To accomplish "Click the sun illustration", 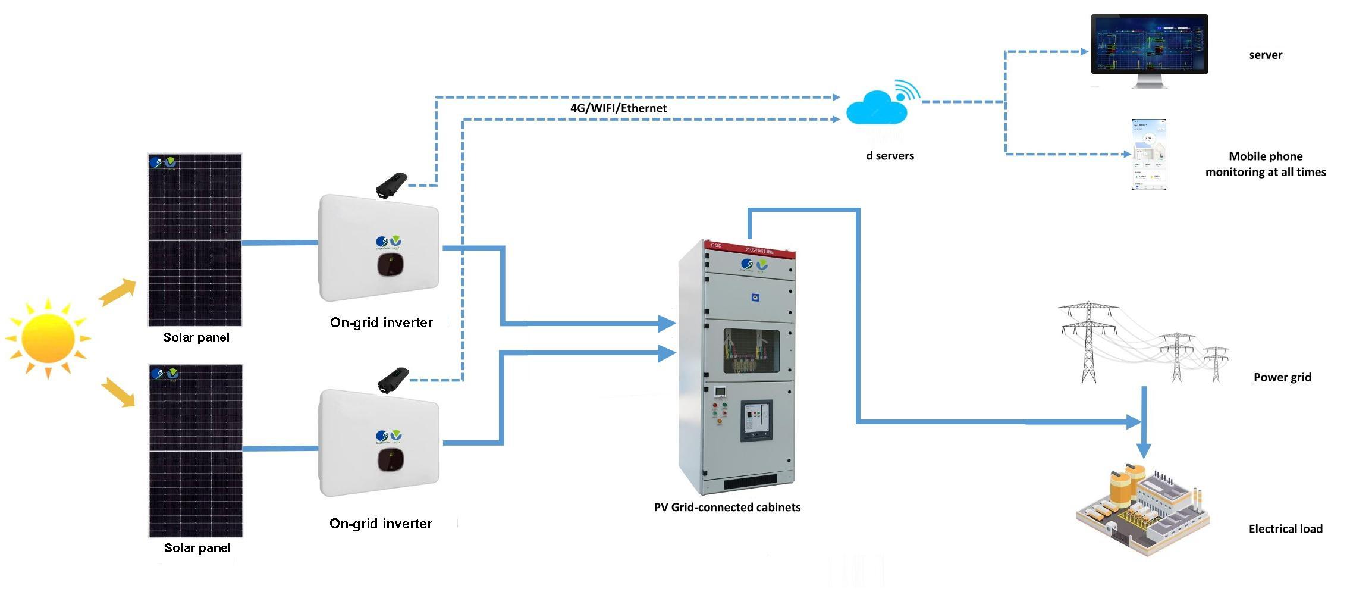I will tap(48, 338).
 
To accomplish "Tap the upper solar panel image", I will tap(195, 240).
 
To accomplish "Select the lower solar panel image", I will tap(196, 451).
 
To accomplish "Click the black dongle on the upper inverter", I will tap(392, 185).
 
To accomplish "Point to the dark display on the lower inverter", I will tap(390, 459).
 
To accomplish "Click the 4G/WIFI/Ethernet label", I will tap(619, 108).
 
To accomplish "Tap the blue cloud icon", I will tap(877, 108).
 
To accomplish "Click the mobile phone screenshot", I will tap(1148, 155).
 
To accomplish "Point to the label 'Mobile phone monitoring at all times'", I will tap(1265, 164).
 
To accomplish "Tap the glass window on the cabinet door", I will tap(751, 351).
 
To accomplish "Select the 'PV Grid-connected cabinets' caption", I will tap(727, 508).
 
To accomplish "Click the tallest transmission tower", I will tap(1088, 342).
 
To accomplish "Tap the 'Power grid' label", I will tap(1282, 377).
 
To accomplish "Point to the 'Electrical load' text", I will tap(1285, 529).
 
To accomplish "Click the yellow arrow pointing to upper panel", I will tap(117, 292).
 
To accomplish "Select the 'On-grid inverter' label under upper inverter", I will tap(381, 323).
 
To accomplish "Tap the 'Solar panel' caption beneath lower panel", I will tap(197, 548).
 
